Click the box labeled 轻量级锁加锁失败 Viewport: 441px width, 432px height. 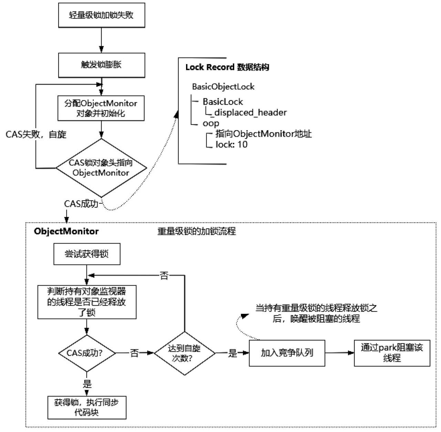coord(102,15)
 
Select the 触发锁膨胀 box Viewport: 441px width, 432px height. coord(102,65)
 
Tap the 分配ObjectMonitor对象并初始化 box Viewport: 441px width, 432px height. coord(101,108)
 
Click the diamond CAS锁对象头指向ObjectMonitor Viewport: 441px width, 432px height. coord(101,168)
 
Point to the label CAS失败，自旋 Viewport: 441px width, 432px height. coord(36,134)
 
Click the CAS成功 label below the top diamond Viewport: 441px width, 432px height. coord(81,204)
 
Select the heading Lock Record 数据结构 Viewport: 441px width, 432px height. coord(227,67)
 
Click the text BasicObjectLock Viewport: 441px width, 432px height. coord(223,86)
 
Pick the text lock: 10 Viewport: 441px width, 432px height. coord(232,144)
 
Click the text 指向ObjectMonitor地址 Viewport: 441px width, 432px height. coord(264,134)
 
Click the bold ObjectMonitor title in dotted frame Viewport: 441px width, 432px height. coord(66,231)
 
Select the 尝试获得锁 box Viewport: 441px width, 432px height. coord(87,254)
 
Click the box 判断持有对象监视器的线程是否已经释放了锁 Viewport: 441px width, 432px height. coord(87,302)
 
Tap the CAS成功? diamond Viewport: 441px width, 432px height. coord(87,353)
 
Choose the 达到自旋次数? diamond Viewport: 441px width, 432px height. coord(185,353)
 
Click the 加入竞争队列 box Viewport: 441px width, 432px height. coord(287,353)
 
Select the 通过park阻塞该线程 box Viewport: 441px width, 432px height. coord(392,353)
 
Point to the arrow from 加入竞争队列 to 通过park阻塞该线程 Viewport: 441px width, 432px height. coord(340,353)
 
